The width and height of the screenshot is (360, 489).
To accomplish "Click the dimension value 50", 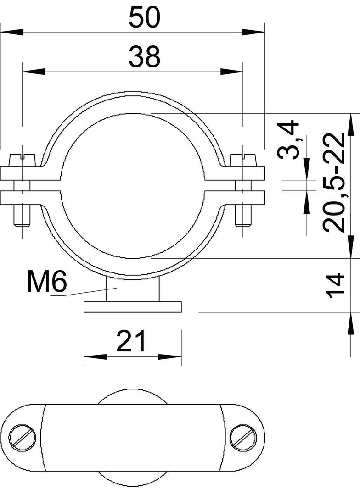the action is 145,17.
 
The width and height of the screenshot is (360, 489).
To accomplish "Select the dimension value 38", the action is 145,56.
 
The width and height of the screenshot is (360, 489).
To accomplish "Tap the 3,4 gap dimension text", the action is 288,140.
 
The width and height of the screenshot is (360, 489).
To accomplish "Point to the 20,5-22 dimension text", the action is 334,183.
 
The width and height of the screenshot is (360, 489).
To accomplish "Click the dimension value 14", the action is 335,285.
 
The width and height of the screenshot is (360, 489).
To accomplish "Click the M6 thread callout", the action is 47,282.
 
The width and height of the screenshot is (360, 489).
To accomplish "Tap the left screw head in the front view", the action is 23,160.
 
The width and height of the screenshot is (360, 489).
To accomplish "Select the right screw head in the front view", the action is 243,160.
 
